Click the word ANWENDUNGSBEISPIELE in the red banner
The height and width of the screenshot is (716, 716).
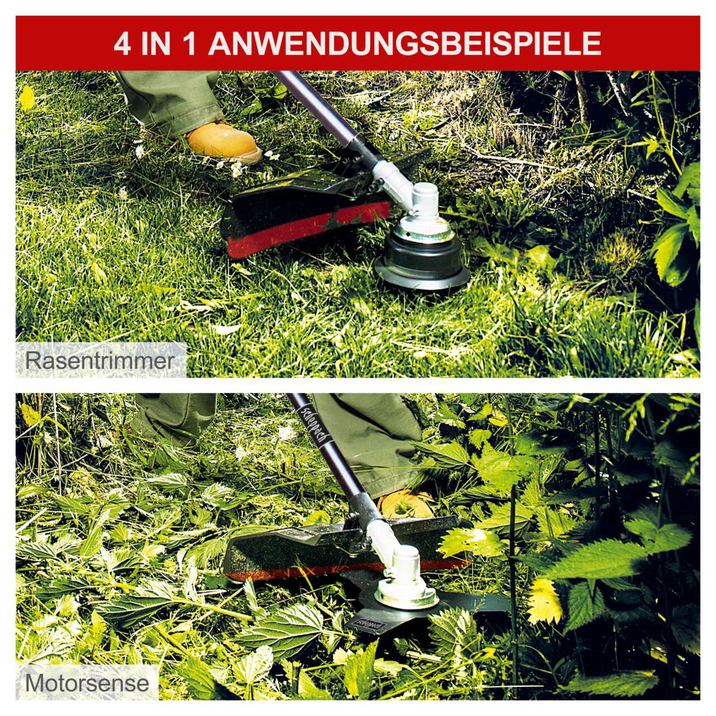(x=405, y=44)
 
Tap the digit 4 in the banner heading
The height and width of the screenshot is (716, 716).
(x=123, y=44)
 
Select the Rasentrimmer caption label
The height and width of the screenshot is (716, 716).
(x=100, y=360)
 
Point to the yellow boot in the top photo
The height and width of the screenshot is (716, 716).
(x=223, y=142)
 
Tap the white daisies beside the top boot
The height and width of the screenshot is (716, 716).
(x=238, y=163)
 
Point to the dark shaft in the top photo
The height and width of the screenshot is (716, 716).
(x=316, y=108)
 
